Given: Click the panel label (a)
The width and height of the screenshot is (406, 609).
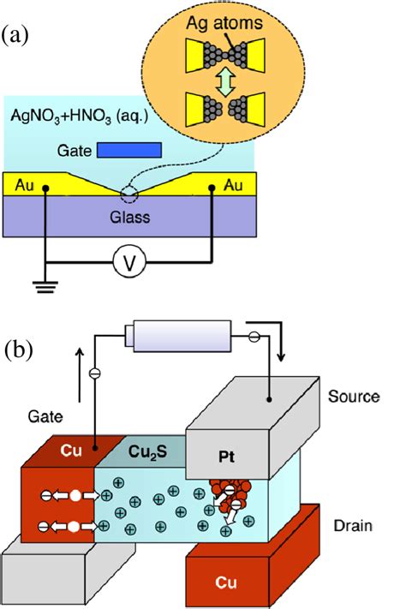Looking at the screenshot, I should click(x=18, y=36).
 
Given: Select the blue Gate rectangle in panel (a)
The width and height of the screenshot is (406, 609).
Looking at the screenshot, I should click(x=129, y=149).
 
